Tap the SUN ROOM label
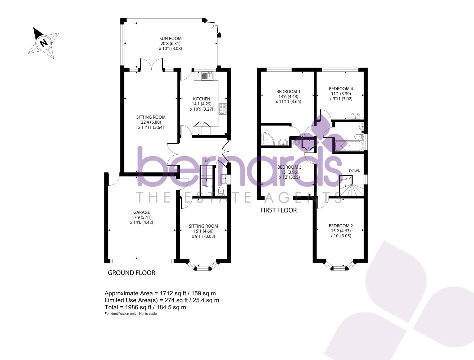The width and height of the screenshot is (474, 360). tap(170, 38)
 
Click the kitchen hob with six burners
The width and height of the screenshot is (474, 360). tap(222, 109)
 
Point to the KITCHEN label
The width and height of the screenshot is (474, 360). tap(201, 99)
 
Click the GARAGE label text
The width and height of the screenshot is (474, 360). tap(141, 212)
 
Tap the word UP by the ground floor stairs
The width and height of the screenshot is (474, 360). tap(207, 161)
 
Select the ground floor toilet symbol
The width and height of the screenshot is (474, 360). tap(221, 191)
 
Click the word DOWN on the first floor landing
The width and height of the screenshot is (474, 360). tap(355, 171)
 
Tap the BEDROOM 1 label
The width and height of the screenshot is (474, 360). tap(288, 91)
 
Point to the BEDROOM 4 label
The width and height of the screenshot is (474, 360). tap(341, 89)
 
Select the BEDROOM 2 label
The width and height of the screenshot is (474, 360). tap(341, 226)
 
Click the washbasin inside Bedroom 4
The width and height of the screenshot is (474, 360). tap(356, 116)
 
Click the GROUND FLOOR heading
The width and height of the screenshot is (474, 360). tap(131, 273)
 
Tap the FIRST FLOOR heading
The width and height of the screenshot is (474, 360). tap(278, 210)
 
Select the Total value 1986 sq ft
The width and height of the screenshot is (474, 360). tap(145, 307)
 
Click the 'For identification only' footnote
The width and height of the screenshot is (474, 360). tap(130, 314)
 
